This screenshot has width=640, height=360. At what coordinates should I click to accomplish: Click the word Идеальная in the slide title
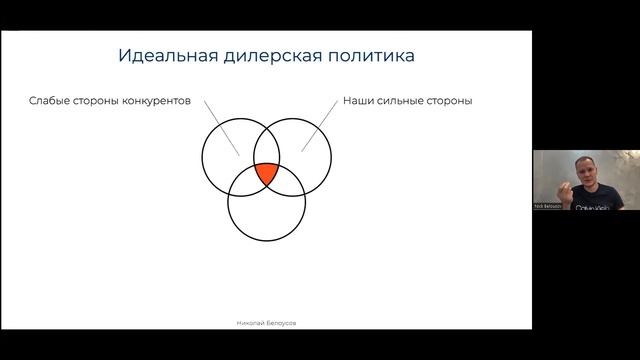pos(161,56)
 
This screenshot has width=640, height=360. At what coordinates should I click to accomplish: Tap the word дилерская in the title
pos(262,56)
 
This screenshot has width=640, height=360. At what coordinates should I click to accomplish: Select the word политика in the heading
pos(365,56)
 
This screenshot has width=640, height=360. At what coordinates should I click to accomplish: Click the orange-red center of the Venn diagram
pos(266,174)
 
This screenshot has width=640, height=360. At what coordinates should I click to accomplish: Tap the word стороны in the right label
pos(448,101)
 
